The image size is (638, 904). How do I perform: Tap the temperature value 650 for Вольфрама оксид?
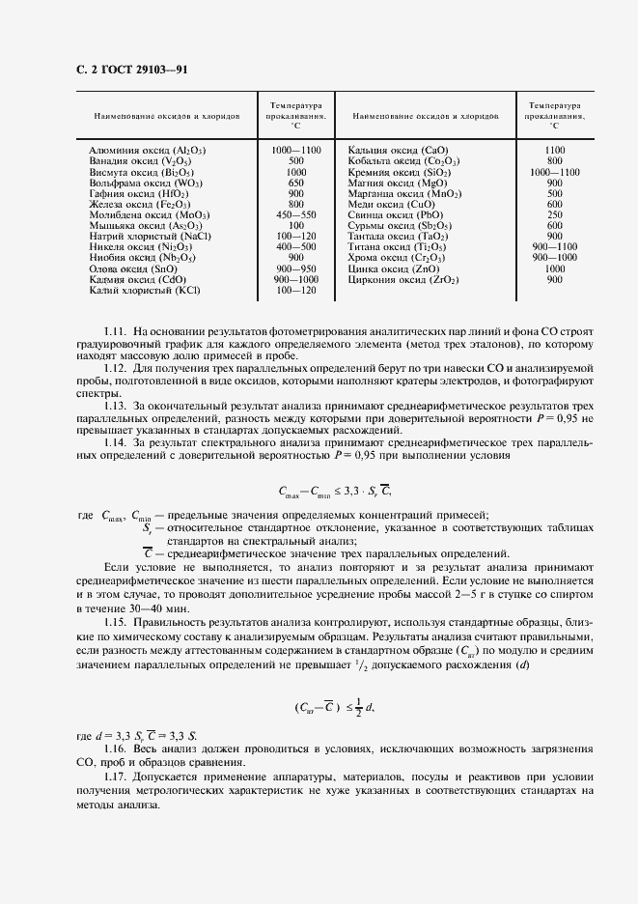[296, 183]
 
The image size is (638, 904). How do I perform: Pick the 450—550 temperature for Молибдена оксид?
[296, 214]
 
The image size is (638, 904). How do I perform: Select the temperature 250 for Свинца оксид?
[554, 214]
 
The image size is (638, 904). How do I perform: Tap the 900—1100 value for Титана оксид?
[554, 246]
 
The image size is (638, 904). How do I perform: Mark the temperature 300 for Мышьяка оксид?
[296, 225]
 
